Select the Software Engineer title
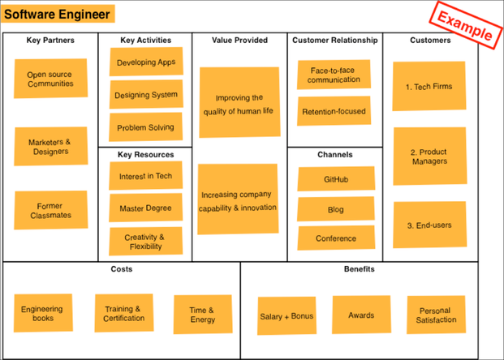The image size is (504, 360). [x=58, y=14]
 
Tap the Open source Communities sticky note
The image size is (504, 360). [x=50, y=79]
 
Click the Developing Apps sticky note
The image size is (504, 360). [x=146, y=62]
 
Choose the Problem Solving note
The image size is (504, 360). [x=145, y=127]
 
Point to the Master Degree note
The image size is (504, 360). [x=145, y=208]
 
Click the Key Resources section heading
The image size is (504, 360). [x=145, y=154]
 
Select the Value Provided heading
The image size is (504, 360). [x=239, y=40]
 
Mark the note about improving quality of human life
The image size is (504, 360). [x=239, y=104]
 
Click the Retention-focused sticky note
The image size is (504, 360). [x=334, y=111]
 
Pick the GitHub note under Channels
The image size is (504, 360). [x=335, y=179]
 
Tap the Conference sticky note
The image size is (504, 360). [x=335, y=238]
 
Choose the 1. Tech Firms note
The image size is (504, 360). [x=429, y=86]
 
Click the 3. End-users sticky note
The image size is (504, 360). [x=429, y=225]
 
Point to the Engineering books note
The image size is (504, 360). [x=43, y=314]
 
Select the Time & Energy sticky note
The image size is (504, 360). [x=202, y=315]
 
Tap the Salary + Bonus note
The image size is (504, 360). [x=286, y=316]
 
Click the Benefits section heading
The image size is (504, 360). [x=359, y=269]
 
